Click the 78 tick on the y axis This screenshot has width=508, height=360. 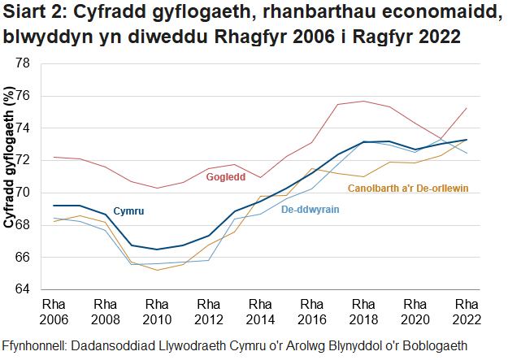24,63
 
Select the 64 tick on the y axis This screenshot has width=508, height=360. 24,289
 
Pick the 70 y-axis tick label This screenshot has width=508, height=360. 24,193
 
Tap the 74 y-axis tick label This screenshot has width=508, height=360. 24,128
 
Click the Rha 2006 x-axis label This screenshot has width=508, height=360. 54,310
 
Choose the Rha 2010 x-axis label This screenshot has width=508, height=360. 157,310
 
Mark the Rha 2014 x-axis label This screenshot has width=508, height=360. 260,310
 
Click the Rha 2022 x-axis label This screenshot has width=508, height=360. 466,310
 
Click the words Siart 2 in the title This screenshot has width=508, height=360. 32,13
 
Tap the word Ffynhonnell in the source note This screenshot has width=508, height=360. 38,345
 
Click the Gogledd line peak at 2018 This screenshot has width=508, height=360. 363,102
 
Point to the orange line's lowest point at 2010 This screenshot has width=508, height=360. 157,270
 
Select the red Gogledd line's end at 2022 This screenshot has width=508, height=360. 466,108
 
